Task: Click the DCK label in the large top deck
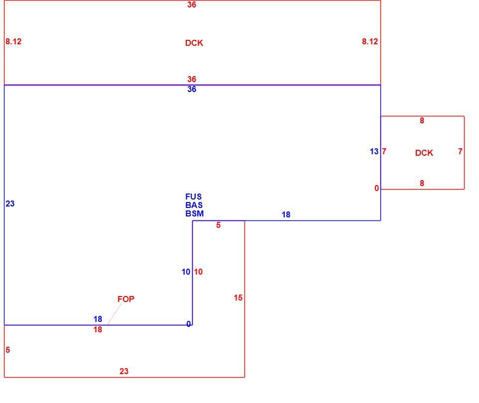194,43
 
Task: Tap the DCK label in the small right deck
424,153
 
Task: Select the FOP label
126,299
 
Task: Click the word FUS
193,197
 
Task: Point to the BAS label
194,205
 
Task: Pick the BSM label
195,214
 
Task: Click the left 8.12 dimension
13,41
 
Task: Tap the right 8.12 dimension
370,41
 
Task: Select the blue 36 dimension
192,89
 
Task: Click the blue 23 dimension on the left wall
10,203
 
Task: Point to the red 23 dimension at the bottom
123,371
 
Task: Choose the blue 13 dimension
374,151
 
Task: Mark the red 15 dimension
238,298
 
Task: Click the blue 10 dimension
186,272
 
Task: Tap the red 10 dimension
198,272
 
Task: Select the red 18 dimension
98,330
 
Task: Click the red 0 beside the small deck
376,189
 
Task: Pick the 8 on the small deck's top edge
422,120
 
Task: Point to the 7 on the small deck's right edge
460,151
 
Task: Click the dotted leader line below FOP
114,314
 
